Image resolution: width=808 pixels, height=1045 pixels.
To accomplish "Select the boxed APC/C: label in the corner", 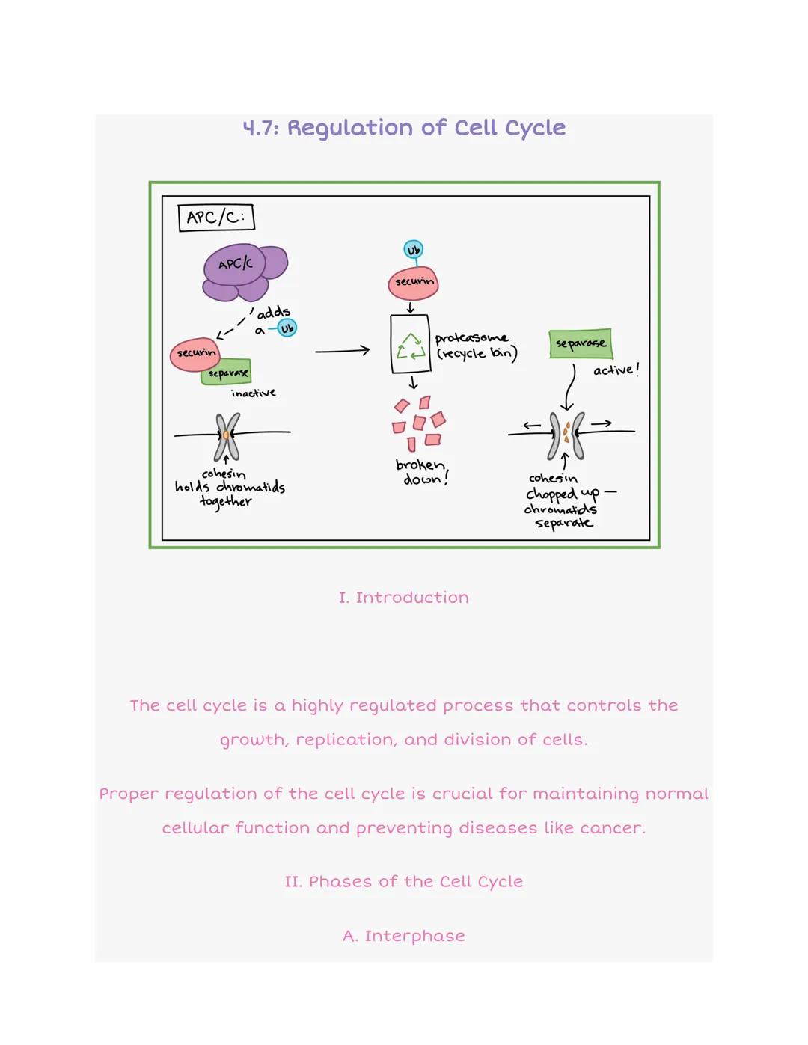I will (216, 218).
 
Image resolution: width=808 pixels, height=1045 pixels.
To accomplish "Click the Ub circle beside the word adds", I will (287, 328).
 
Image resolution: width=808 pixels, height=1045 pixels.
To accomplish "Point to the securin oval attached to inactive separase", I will (195, 354).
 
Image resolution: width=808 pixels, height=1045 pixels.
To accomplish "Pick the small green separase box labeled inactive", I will (227, 372).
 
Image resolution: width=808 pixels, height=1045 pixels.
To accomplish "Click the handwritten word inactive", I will (253, 393).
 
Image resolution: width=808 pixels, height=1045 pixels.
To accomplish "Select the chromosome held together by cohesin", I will (227, 435).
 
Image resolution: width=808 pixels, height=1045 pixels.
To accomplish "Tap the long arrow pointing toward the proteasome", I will (342, 350).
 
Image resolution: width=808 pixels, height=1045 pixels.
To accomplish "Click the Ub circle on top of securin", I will (413, 249).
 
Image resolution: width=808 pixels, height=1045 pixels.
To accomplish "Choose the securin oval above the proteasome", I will (413, 283).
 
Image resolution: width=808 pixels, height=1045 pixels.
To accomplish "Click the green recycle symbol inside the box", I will (410, 346).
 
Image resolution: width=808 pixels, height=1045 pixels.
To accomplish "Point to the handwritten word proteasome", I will (471, 338).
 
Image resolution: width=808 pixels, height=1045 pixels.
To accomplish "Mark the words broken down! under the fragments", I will (421, 472).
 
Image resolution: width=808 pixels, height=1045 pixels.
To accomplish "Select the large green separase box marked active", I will (581, 343).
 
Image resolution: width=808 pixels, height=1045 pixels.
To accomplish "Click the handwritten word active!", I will (616, 370).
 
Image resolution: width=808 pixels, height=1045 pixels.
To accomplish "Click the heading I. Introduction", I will (403, 598).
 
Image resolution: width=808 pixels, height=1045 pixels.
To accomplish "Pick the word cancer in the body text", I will (616, 828).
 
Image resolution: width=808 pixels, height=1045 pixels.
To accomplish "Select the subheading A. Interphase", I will (403, 936).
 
